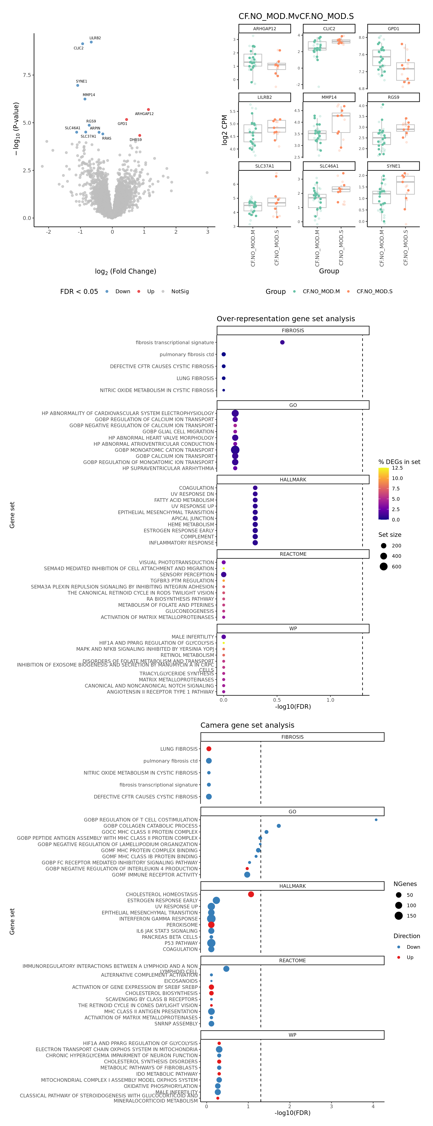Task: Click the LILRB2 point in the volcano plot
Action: coord(91,42)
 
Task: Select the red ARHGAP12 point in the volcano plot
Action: coord(149,110)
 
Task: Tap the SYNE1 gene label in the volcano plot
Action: coord(81,81)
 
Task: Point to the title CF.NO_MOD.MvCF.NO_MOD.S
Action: coord(296,16)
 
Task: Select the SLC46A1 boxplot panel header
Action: coord(329,166)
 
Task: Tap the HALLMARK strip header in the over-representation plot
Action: coord(293,480)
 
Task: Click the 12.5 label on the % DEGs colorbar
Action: coord(397,468)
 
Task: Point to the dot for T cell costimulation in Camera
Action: coord(376,820)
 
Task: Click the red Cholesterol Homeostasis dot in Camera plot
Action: coord(251,894)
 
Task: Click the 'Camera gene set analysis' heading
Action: coord(247,725)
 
